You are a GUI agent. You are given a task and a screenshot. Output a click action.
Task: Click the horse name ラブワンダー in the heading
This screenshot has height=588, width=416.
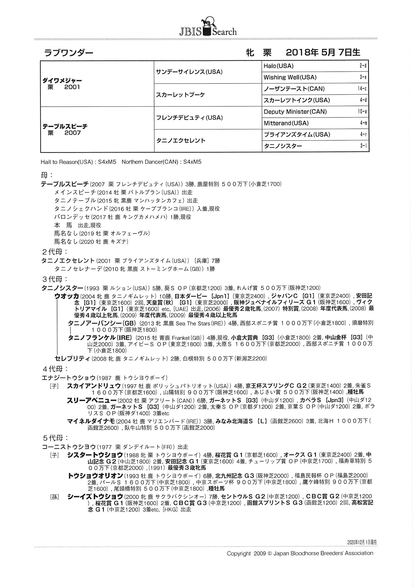pyautogui.click(x=69, y=53)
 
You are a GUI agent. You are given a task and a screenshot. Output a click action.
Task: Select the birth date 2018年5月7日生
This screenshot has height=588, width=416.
pyautogui.click(x=323, y=53)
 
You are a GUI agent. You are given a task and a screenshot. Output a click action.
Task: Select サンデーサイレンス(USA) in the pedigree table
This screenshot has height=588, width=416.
pyautogui.click(x=189, y=72)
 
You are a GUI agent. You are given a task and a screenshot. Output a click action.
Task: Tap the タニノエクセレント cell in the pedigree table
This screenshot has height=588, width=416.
pyautogui.click(x=181, y=141)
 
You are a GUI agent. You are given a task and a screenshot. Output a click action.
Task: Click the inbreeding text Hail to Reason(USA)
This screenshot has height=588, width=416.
pyautogui.click(x=67, y=162)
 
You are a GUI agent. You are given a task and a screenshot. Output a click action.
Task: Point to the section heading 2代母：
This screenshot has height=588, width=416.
pyautogui.click(x=55, y=252)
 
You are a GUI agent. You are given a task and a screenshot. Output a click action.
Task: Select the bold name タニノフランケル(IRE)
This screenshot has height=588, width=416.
pyautogui.click(x=100, y=338)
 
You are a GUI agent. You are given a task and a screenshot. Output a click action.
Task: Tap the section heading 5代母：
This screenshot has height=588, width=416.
pyautogui.click(x=55, y=438)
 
